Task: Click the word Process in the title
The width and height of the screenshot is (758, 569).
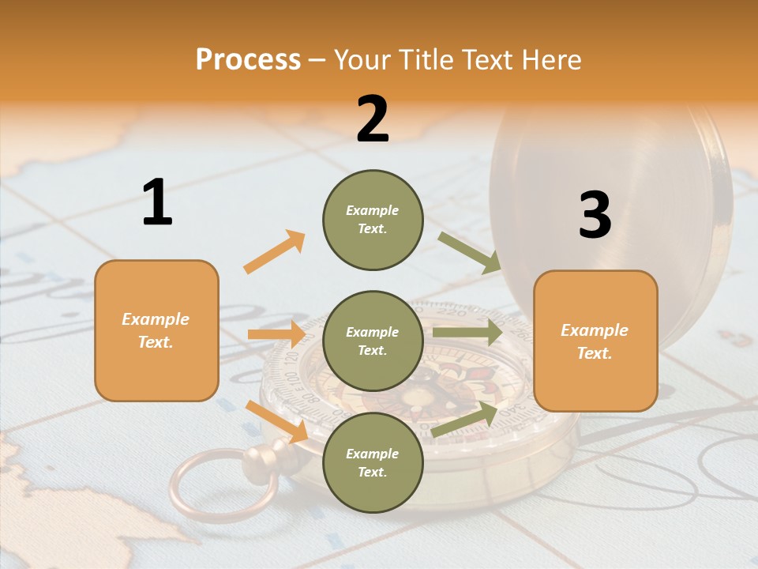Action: pos(248,60)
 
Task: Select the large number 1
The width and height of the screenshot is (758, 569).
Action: pos(157,203)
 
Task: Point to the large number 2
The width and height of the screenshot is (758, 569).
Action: pos(373,119)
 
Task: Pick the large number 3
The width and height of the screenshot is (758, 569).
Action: pos(595,215)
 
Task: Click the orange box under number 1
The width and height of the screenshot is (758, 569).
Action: pos(156,330)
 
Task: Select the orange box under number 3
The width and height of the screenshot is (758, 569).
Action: pos(595,341)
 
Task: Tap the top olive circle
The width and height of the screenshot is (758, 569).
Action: pos(373,220)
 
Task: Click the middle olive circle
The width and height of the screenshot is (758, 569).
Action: pos(373,341)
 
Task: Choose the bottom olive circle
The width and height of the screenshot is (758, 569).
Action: pos(373,462)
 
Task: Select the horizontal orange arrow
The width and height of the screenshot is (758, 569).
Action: pos(276,334)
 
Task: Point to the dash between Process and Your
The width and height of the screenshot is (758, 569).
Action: pos(317,60)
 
